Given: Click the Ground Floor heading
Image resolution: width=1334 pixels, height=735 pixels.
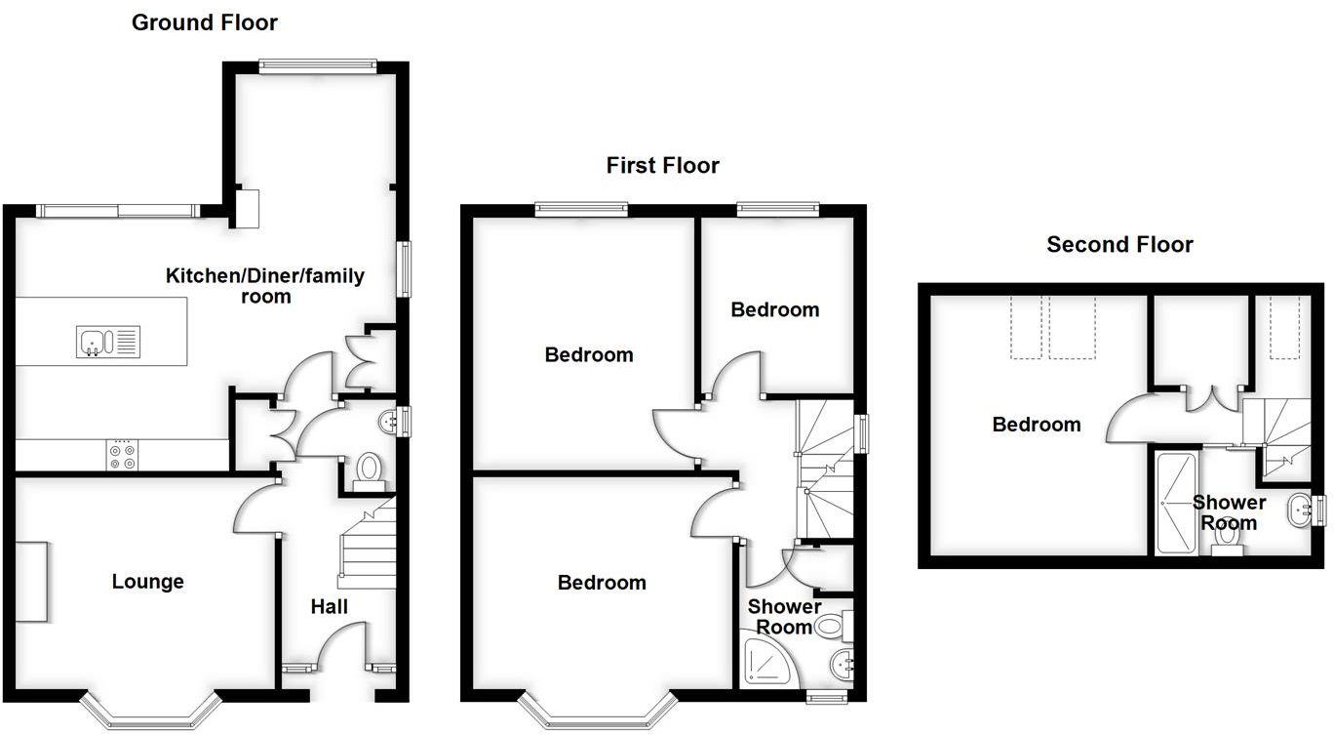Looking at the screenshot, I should pos(205,22).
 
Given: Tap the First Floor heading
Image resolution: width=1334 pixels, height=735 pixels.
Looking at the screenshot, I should pos(662,165).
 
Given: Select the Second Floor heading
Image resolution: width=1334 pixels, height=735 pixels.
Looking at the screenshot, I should pos(1119,244).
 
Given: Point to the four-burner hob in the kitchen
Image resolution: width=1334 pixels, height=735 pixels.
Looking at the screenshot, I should pos(121,457).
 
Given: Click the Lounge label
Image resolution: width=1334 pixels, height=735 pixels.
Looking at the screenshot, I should pos(147,582).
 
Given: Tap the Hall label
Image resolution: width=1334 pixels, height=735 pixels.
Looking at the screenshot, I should pos(330,607).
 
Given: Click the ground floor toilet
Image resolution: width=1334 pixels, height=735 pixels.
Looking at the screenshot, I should pos(369,470).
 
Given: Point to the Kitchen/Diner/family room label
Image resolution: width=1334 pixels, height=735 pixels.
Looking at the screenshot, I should pos(264,285).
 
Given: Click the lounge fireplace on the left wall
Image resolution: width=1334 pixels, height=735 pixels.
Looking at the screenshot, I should pos(30,581).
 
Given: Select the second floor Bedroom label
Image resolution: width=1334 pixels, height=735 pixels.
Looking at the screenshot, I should pos(1036,425).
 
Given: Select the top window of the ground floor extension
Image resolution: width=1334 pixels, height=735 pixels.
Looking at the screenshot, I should pos(317,66).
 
